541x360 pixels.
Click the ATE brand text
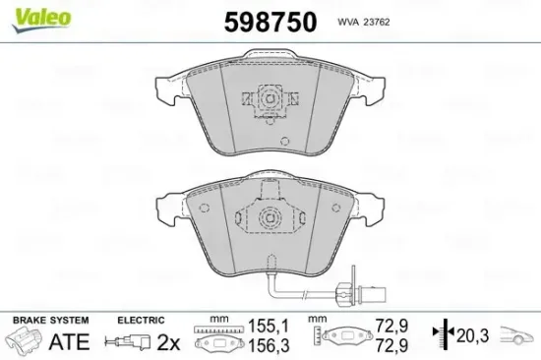(69, 341)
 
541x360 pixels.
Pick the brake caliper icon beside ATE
(25, 341)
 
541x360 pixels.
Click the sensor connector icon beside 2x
(134, 341)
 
